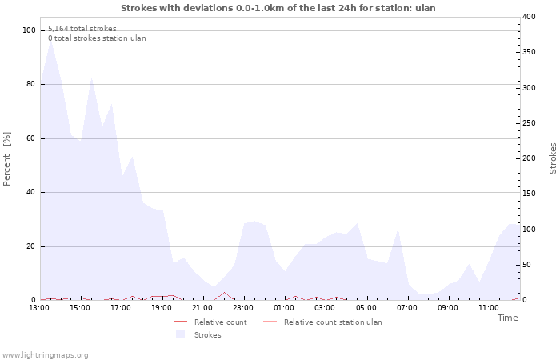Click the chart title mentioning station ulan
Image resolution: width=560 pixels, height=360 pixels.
coord(278,8)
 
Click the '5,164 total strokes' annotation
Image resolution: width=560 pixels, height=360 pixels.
coord(82,29)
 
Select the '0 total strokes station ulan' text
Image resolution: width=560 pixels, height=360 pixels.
coord(97,38)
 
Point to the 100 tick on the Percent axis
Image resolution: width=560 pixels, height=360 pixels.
coord(29,30)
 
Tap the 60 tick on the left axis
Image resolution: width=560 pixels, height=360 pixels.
coord(31,138)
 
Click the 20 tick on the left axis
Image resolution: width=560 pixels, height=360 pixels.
coord(31,246)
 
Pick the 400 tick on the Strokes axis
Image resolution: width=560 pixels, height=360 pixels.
coord(530,17)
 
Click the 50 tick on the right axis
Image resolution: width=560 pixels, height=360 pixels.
coord(528,265)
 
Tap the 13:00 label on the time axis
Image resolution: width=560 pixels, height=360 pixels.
coord(39,308)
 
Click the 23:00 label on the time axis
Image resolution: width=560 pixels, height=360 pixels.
coord(243,308)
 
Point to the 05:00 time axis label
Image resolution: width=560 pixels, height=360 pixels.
coord(366,308)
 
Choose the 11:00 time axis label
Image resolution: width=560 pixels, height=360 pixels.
coord(489,308)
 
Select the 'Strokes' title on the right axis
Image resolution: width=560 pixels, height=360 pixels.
coord(553,158)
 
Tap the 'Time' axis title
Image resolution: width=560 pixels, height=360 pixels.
coord(507,318)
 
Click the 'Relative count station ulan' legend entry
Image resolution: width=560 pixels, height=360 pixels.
coord(332,322)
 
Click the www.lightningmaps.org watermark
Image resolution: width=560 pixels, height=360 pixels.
coord(46,355)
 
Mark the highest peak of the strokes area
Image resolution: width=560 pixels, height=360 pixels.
coord(51,39)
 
